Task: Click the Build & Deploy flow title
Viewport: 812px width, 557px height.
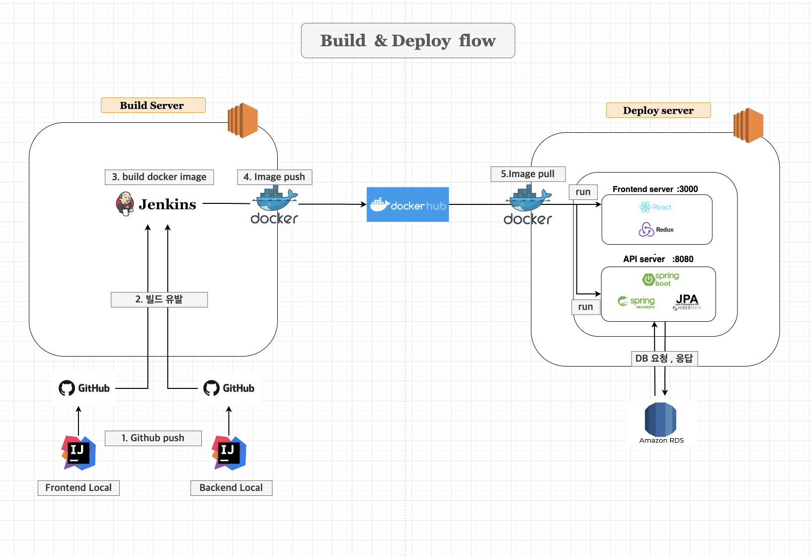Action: click(x=407, y=40)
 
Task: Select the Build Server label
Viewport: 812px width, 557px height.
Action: click(x=153, y=105)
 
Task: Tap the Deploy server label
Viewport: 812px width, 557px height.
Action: click(x=658, y=110)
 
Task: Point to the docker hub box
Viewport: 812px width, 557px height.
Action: click(x=407, y=204)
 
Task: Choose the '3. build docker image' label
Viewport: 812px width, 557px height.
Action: click(x=159, y=177)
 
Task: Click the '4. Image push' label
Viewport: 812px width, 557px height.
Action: click(x=274, y=177)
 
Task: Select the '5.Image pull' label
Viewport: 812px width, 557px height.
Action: click(x=528, y=174)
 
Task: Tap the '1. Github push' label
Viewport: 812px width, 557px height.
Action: click(x=153, y=438)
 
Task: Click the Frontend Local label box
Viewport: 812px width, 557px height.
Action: click(x=79, y=488)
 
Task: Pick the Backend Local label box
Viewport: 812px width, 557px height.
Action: click(x=231, y=488)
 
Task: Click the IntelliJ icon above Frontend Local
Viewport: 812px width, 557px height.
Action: click(x=79, y=453)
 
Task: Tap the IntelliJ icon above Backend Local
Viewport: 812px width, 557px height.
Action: click(x=229, y=453)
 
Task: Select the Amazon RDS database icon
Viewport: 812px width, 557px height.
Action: click(x=660, y=420)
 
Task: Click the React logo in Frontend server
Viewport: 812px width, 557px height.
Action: click(x=655, y=207)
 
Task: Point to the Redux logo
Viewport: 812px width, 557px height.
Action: click(x=655, y=229)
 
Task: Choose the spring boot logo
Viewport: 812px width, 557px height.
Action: click(x=660, y=279)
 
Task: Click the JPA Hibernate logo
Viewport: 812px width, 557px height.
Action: click(x=687, y=302)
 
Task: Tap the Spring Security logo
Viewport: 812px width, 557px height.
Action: click(x=637, y=302)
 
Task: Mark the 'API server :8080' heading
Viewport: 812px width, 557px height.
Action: click(x=658, y=259)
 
